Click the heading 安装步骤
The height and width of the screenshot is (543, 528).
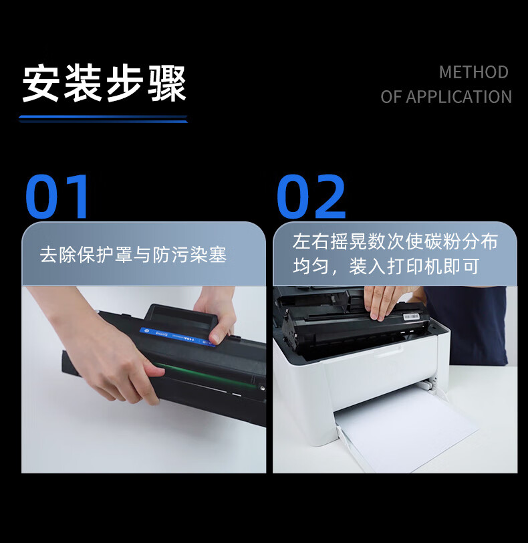point(104,83)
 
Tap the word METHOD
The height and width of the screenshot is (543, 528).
point(474,72)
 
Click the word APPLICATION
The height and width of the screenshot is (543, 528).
point(458,96)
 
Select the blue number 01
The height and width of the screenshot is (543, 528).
point(57,197)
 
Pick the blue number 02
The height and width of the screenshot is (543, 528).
point(311,197)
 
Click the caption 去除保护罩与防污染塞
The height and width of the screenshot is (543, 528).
point(133,255)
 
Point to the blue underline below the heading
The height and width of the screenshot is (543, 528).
point(103,119)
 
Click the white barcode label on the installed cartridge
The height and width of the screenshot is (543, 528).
point(412,317)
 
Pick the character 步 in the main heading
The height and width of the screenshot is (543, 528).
point(124,83)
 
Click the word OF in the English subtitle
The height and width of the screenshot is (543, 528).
point(391,96)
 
